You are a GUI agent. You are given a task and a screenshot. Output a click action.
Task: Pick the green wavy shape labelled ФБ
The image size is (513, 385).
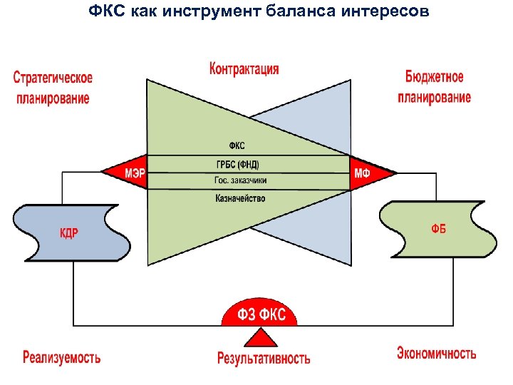(437, 228)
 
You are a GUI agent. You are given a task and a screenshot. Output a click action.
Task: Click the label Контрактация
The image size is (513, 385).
(244, 69)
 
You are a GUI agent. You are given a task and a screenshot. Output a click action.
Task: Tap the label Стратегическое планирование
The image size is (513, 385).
(53, 88)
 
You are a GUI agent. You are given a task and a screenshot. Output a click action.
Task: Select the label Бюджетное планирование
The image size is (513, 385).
(434, 86)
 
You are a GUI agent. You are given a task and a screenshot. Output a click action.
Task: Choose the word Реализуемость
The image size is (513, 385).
(61, 356)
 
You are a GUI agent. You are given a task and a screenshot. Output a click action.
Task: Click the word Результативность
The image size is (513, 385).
(264, 358)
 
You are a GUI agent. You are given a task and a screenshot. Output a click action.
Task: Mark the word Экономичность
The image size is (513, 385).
(436, 353)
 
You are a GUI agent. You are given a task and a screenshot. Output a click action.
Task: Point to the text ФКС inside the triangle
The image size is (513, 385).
(236, 146)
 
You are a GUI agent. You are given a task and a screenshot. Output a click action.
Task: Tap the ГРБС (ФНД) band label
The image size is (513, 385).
(238, 165)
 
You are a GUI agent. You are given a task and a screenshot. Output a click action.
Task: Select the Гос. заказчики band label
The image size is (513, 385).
(240, 180)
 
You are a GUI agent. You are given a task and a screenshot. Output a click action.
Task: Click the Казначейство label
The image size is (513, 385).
(240, 198)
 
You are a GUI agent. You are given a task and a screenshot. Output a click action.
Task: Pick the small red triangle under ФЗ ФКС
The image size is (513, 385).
(262, 337)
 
